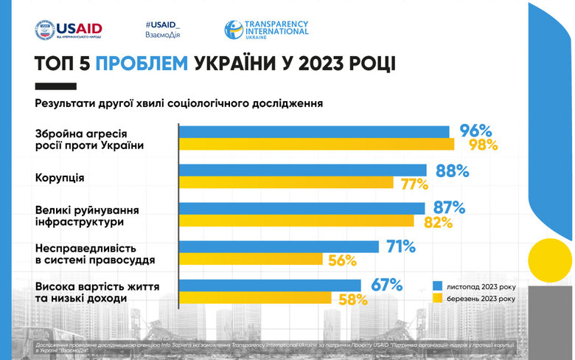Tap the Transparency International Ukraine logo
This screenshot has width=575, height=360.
(266, 30)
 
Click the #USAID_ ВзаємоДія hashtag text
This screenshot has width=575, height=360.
(164, 30)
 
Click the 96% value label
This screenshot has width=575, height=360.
(475, 131)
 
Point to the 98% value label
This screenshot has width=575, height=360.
(484, 145)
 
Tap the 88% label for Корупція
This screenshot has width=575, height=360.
(452, 170)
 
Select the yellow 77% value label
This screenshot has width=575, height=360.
(414, 184)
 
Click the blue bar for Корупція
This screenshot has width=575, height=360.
(302, 170)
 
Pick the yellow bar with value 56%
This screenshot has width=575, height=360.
(251, 259)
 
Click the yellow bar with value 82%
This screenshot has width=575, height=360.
(297, 221)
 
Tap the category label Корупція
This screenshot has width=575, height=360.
(60, 178)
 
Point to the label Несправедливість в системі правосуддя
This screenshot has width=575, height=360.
(85, 253)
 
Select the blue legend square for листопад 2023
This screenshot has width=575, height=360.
(437, 285)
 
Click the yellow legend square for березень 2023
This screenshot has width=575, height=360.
(437, 298)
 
